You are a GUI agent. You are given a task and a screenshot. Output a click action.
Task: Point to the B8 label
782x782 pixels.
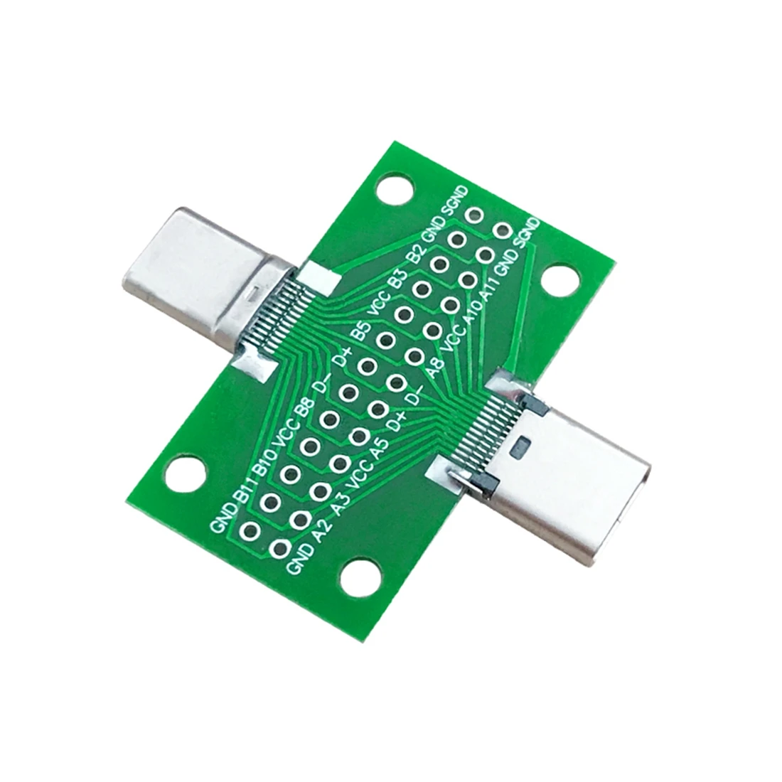click(304, 411)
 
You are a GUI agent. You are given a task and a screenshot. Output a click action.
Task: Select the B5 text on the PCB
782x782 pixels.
click(361, 331)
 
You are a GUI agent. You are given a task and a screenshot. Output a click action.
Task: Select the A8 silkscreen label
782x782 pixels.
click(434, 370)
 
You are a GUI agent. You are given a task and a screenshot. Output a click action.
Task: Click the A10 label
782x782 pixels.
click(472, 314)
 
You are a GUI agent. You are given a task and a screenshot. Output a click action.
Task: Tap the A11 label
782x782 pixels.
click(491, 287)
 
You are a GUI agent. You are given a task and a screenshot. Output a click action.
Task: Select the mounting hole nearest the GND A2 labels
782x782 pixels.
click(363, 575)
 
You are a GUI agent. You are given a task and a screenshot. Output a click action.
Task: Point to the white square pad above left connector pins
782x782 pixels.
click(316, 278)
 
